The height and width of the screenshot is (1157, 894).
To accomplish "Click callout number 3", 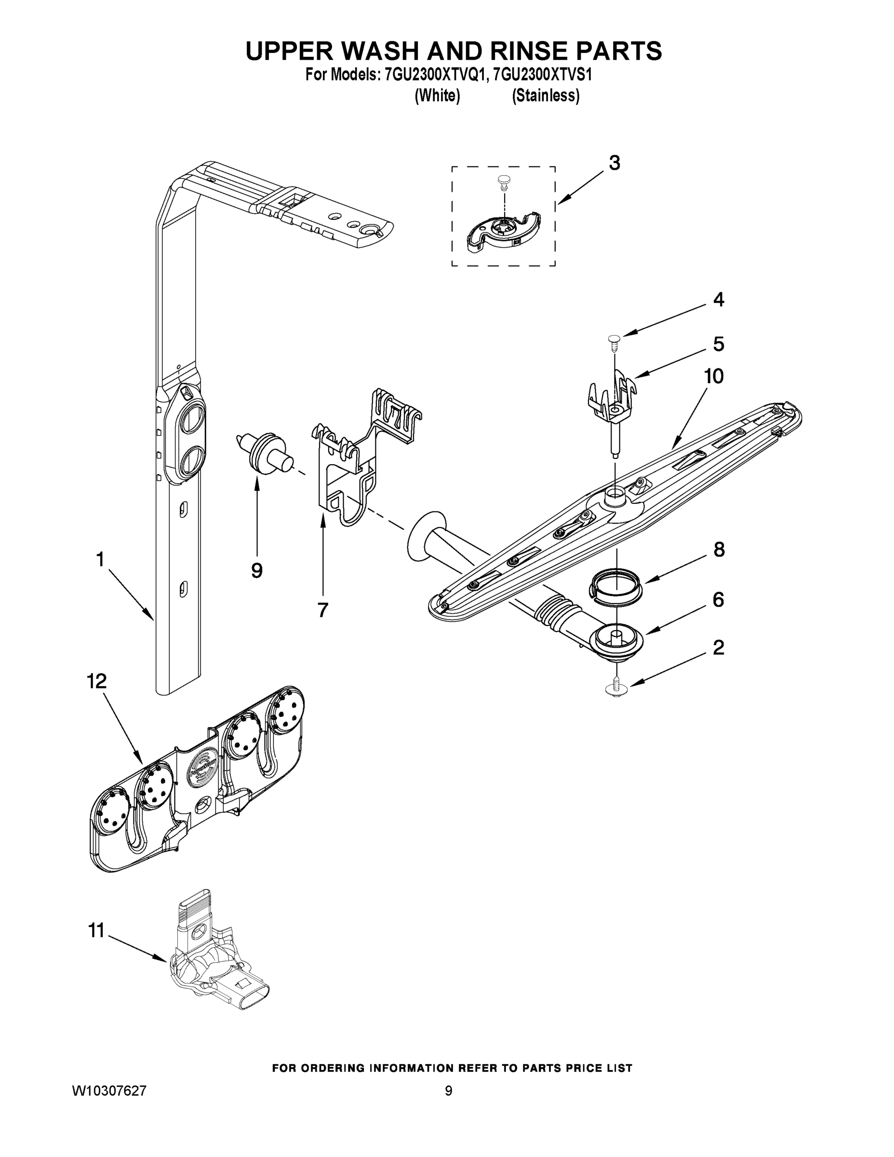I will click(614, 163).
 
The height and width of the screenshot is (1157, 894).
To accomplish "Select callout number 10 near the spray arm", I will click(713, 376).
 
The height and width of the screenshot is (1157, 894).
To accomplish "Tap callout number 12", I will click(97, 681).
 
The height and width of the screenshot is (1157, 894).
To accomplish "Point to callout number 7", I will click(322, 610).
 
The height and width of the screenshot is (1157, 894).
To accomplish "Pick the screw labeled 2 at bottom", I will click(616, 687).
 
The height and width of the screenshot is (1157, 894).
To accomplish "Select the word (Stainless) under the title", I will click(545, 95).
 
